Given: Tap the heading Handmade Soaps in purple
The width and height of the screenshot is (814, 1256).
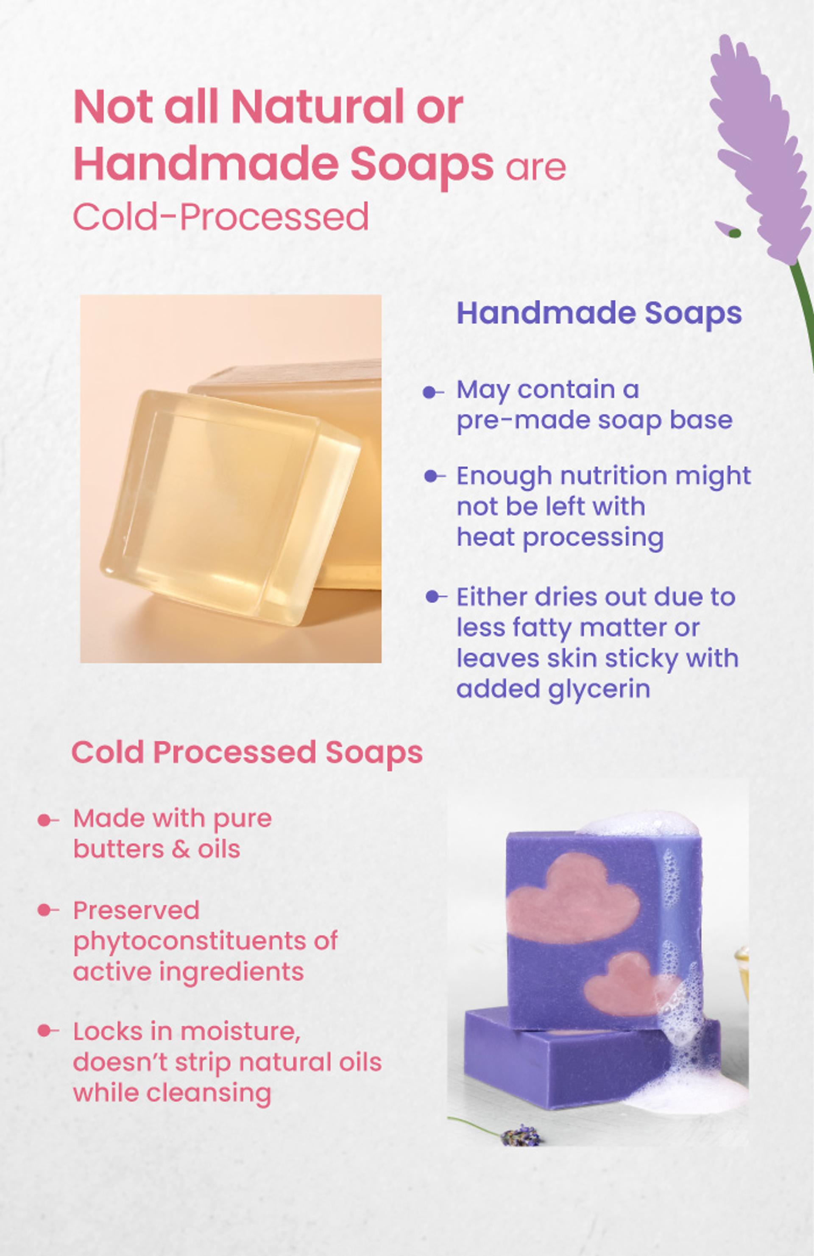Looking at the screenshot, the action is coord(599,313).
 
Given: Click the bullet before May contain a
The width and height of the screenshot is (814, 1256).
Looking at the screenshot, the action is coord(434,392).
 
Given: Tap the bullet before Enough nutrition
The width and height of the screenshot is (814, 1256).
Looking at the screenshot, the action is coord(434,477).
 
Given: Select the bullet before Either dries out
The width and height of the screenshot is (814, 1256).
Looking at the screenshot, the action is coord(436,597).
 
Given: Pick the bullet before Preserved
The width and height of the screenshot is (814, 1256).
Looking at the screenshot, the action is coord(48,910).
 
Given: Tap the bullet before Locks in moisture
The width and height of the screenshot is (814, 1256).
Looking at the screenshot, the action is coord(48,1031).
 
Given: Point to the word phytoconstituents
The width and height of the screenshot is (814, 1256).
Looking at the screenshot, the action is coord(205,941).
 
